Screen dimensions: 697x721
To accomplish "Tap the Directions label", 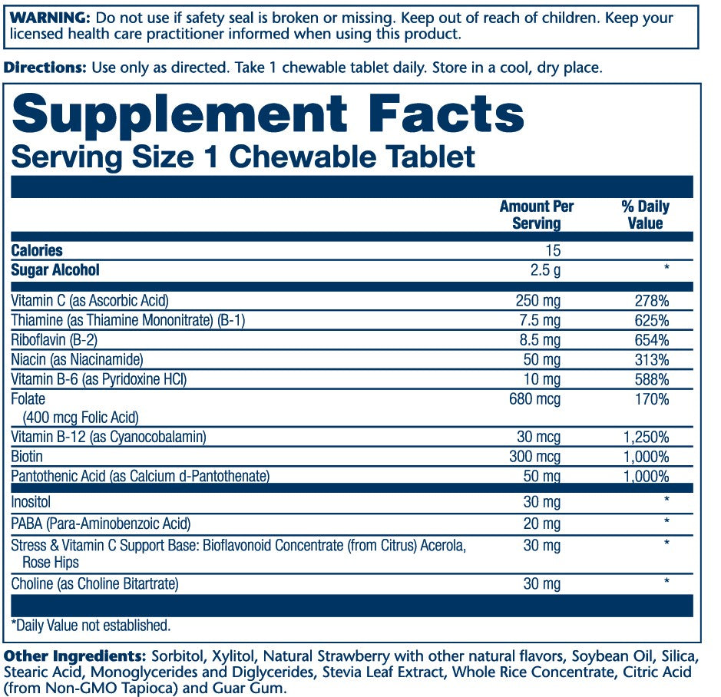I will tap(45, 68).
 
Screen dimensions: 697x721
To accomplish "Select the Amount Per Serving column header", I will tap(536, 215).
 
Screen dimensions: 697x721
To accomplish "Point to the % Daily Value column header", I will tap(645, 215).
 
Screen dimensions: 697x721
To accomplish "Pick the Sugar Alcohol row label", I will tap(55, 270).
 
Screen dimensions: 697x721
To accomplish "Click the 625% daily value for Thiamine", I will tap(653, 320).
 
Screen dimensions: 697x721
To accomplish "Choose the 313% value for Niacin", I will tap(653, 359).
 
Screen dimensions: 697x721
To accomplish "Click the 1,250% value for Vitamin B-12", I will tap(645, 438).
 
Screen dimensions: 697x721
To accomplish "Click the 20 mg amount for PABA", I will tap(542, 524).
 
